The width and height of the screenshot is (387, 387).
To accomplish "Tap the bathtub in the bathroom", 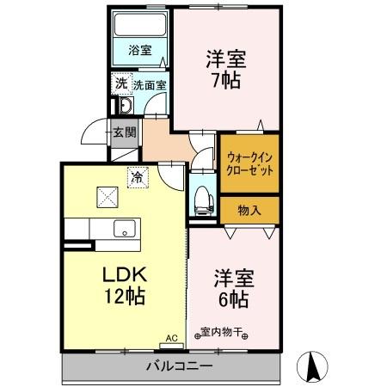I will tap(139, 25).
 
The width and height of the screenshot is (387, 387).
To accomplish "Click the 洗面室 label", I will tap(150, 85).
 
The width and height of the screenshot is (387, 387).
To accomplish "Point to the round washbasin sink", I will tap(123, 107).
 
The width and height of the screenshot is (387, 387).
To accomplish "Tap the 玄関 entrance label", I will tap(123, 132).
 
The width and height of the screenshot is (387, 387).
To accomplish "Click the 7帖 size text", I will tap(226, 81).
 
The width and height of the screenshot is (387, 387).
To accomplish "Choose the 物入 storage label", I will tap(249, 209).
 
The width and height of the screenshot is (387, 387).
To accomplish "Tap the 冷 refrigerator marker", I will tap(137, 176).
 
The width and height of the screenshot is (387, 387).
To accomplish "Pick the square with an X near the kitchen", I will tap(107, 197).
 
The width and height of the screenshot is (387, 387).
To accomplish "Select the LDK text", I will tap(126, 276).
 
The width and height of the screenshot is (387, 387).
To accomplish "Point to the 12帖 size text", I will tap(126, 298).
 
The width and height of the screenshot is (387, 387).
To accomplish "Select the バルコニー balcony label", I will tap(179, 365).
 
